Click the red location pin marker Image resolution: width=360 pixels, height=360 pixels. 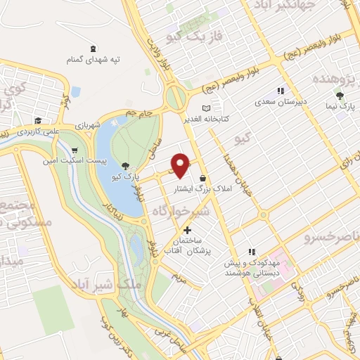click(x=181, y=165)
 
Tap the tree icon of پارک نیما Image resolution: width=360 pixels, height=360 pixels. click(x=340, y=95)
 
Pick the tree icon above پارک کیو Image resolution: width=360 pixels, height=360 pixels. click(x=125, y=166)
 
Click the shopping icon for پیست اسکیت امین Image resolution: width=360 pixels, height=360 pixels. click(x=75, y=150)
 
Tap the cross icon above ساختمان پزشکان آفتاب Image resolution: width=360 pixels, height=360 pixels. click(x=186, y=230)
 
